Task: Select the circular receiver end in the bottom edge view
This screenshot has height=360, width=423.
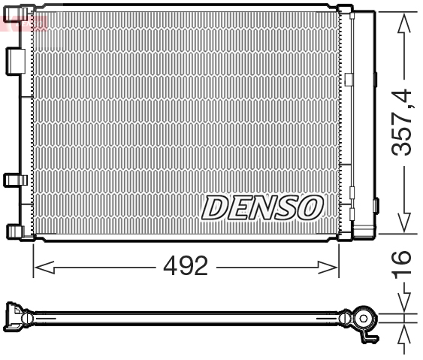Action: [x=363, y=319]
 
